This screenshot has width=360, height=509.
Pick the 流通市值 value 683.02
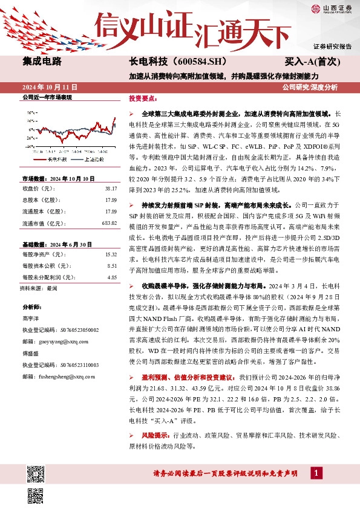[x=109, y=224]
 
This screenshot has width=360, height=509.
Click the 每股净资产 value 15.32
[x=110, y=254]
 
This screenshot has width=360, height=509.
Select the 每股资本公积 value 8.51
[x=111, y=266]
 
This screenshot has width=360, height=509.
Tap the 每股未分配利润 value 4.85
[x=111, y=277]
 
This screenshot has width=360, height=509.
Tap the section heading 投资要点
[x=143, y=98]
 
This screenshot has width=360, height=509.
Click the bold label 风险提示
[x=156, y=435]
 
